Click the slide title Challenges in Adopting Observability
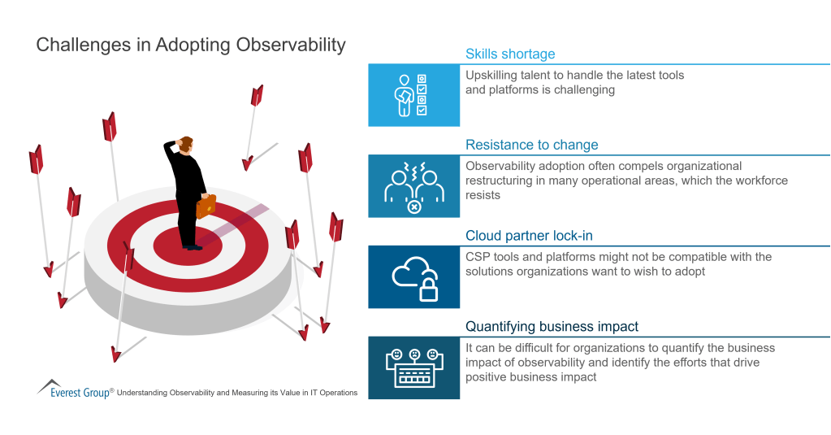click(x=191, y=45)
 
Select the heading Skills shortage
click(x=510, y=54)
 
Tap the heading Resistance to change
click(x=531, y=146)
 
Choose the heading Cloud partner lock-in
click(x=529, y=236)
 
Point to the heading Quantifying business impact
click(x=552, y=327)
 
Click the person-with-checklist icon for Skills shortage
click(x=413, y=95)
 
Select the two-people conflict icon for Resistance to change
click(x=413, y=186)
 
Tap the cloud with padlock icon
click(x=413, y=277)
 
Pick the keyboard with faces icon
click(x=413, y=368)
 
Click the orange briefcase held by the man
click(x=206, y=206)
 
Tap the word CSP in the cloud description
click(x=478, y=257)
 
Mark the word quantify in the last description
click(x=647, y=348)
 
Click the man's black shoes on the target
click(x=191, y=246)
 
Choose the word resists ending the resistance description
click(x=483, y=196)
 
